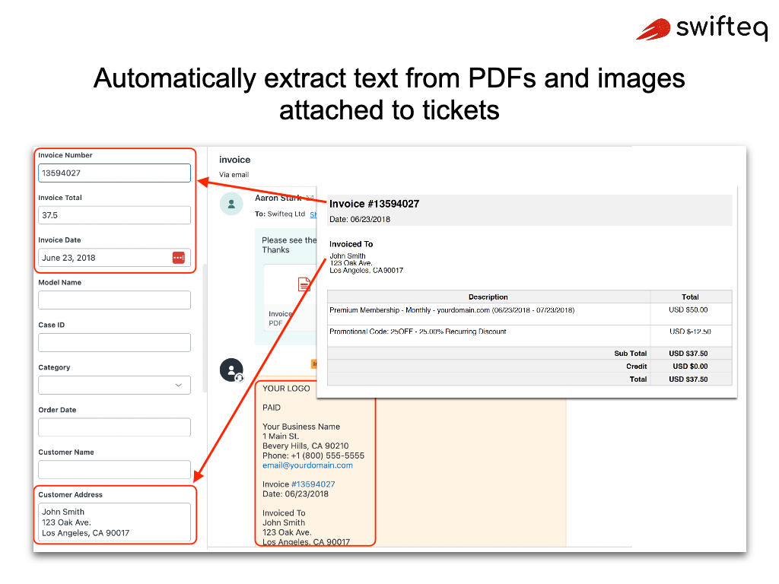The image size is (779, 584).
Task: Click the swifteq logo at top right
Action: tap(701, 29)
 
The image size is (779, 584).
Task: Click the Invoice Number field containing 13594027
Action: tap(114, 173)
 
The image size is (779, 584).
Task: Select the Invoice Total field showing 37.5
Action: tap(114, 215)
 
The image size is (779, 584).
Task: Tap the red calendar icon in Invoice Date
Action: tap(179, 258)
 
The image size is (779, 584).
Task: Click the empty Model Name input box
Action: tap(114, 300)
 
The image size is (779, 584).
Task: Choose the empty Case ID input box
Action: tap(114, 343)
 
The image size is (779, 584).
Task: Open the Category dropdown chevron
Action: tap(179, 386)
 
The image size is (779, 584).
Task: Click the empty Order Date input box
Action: tap(114, 427)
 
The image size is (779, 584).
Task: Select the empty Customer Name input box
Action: tap(114, 470)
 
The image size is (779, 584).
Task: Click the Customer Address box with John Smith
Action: tap(114, 522)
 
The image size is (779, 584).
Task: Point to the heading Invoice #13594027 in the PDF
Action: tap(374, 204)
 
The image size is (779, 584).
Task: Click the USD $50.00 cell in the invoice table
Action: tap(690, 310)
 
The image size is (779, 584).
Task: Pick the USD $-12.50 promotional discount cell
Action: tap(690, 332)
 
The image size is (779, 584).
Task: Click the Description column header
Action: tap(488, 297)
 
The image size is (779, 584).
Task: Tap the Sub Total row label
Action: tap(630, 354)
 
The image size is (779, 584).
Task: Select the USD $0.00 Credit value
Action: tap(690, 367)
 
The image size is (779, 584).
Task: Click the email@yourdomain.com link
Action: tap(307, 465)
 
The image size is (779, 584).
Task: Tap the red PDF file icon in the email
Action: tap(304, 284)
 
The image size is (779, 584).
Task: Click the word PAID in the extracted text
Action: tap(272, 408)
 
